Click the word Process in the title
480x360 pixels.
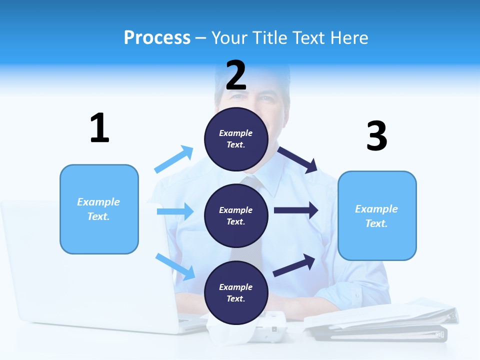tap(157, 38)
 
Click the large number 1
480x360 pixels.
tap(99, 128)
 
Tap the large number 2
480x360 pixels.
tap(236, 75)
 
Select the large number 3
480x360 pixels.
tap(376, 136)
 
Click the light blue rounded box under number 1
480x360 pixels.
tap(99, 209)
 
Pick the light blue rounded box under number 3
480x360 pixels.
tap(376, 215)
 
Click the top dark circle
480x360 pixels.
tap(236, 139)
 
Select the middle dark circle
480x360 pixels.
tap(236, 215)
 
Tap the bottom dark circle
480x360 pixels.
tap(236, 292)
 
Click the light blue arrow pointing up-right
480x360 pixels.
tap(173, 159)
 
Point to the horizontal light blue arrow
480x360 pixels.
tap(175, 211)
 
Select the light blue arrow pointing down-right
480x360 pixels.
tap(175, 266)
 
